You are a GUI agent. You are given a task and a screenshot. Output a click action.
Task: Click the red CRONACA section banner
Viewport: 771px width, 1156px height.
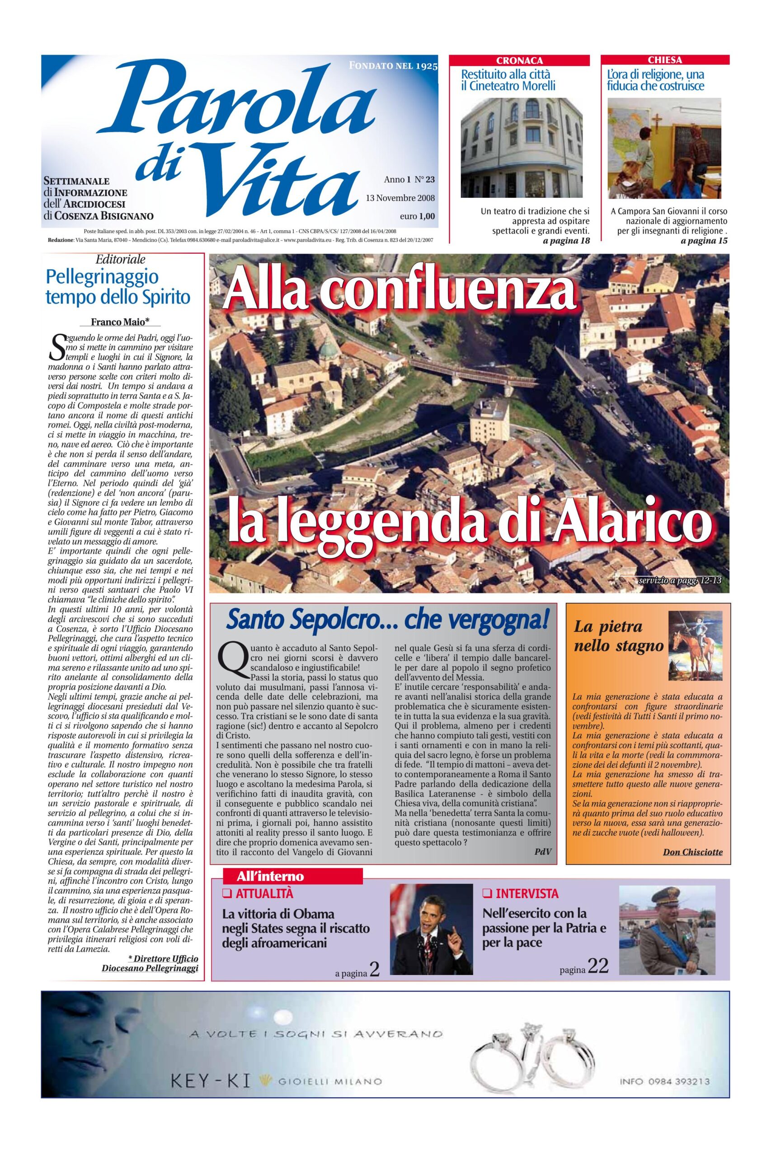(520, 61)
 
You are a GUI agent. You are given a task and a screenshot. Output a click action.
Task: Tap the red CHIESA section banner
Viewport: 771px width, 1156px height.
(665, 61)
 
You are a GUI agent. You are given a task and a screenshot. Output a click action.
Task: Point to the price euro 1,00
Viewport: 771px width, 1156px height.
(418, 216)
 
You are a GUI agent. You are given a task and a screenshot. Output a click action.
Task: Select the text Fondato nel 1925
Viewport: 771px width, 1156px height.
(393, 65)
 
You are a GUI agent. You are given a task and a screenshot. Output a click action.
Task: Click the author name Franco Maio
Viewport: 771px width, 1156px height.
(120, 322)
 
